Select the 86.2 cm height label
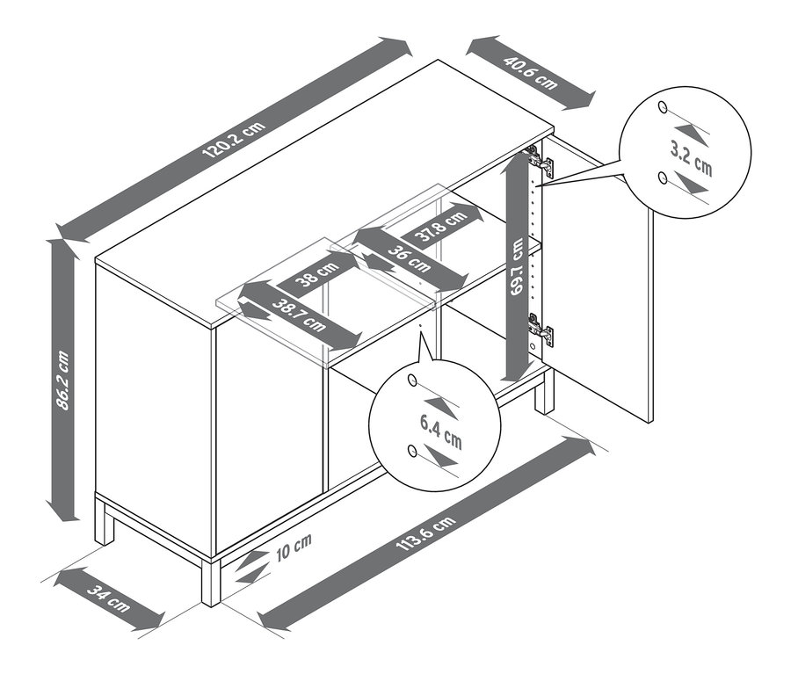[x=62, y=380]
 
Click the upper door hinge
[x=541, y=160]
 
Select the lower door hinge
[x=541, y=330]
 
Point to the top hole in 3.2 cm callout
[x=662, y=108]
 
